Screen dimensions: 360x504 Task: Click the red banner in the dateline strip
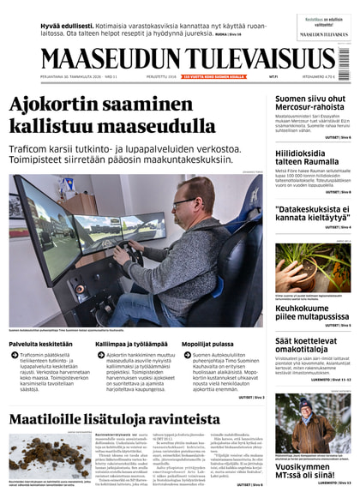click(x=213, y=76)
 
